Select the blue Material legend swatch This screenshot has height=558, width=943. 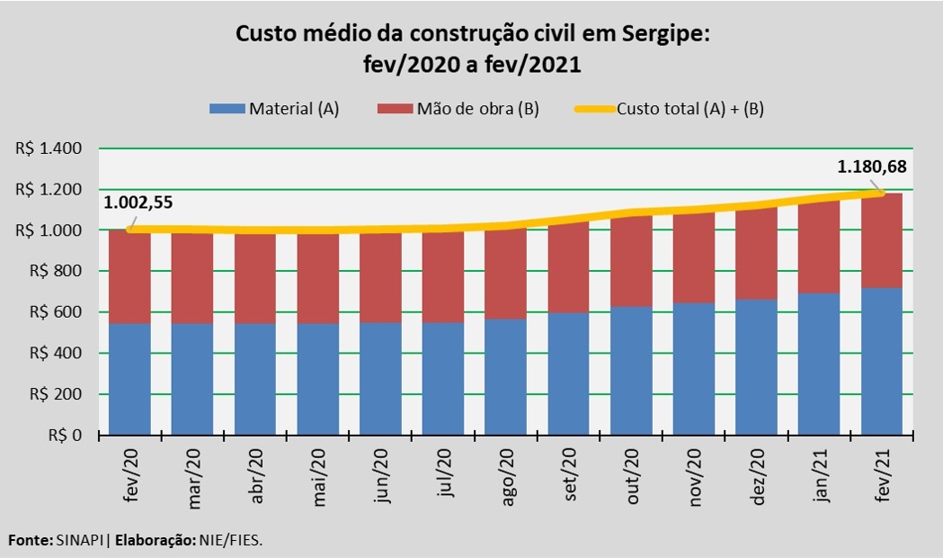(x=227, y=109)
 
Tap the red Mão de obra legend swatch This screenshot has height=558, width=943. (x=393, y=109)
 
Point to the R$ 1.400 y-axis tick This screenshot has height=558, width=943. (x=49, y=148)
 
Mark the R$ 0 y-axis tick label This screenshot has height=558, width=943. (x=63, y=436)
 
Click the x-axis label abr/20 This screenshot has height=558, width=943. (x=256, y=476)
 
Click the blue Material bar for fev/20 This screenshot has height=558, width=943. (x=129, y=379)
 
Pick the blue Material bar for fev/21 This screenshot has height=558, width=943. (x=881, y=361)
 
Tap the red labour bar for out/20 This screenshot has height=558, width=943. (x=631, y=262)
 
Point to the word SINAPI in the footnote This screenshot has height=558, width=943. (x=77, y=541)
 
